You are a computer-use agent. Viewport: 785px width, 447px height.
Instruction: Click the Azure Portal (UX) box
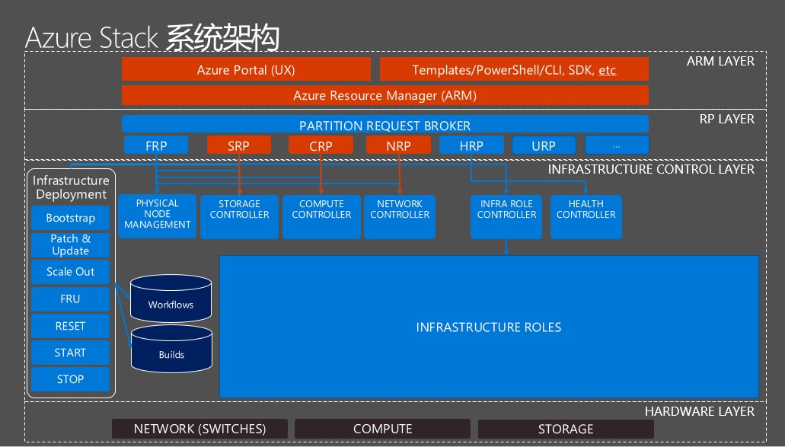246,69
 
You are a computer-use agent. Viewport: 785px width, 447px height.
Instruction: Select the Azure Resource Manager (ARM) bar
385,95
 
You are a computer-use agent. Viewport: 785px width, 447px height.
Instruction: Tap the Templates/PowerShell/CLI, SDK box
514,69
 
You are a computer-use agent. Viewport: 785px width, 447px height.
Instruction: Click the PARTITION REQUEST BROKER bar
385,124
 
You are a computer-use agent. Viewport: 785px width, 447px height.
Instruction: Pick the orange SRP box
239,145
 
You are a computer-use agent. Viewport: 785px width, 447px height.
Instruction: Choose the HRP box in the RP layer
471,145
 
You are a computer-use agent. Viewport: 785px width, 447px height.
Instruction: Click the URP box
544,145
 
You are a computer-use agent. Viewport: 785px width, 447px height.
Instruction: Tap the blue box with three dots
617,145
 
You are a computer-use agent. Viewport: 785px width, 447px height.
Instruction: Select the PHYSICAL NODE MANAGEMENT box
157,216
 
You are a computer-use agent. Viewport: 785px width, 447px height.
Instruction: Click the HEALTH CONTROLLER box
586,216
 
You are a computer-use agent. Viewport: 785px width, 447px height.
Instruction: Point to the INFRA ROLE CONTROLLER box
506,216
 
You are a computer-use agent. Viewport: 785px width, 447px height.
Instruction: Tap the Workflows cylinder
171,299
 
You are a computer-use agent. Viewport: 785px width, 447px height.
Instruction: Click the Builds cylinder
171,349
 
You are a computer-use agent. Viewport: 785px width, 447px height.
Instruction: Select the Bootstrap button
70,218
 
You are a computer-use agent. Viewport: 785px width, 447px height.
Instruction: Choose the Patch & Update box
70,244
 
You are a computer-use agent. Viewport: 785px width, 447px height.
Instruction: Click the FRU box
70,299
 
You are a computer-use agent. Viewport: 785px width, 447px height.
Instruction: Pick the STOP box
70,379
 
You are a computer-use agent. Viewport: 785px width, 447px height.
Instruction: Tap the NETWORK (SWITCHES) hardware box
199,429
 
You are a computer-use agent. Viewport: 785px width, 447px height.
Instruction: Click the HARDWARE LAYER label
700,411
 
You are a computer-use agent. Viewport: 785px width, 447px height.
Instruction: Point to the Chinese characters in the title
222,37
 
